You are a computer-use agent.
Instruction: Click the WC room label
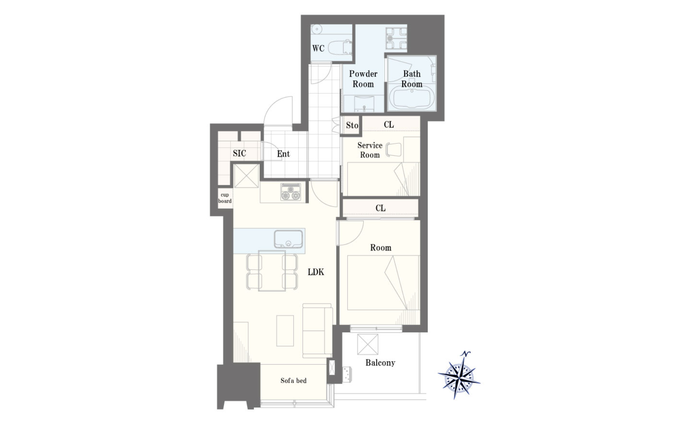[318, 48]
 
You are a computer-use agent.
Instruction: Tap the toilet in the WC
[340, 48]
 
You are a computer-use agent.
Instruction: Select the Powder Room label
[363, 79]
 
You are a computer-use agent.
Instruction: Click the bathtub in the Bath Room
[412, 97]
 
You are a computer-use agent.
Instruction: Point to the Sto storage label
[352, 125]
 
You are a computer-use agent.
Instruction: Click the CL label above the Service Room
[389, 124]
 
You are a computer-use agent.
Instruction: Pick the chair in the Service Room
[394, 149]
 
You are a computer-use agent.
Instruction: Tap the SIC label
[240, 153]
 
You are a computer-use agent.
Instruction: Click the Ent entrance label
[283, 154]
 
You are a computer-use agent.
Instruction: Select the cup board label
[225, 198]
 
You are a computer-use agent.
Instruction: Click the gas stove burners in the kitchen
[291, 192]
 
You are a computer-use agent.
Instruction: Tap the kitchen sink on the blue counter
[288, 239]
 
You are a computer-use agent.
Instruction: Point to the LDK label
[316, 272]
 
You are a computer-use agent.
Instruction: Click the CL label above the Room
[381, 208]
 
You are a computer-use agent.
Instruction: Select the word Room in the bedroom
[381, 248]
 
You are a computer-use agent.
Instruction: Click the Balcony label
[380, 362]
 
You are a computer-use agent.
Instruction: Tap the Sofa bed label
[294, 380]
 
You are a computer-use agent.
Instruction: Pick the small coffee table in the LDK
[285, 331]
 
